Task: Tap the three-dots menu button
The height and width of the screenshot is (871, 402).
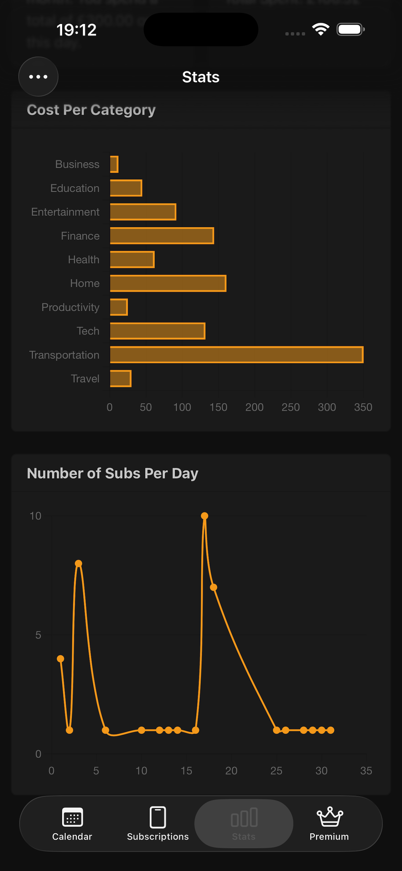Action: pos(38,77)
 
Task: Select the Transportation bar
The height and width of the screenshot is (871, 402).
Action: pos(237,355)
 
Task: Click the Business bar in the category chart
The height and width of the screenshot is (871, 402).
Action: pos(114,164)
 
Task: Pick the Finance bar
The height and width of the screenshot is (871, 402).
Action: pos(162,236)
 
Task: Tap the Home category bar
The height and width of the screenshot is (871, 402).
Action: pos(168,283)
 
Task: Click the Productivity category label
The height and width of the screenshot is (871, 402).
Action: pos(70,308)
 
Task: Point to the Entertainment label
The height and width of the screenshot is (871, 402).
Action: pos(65,212)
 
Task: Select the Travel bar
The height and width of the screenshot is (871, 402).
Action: pos(121,378)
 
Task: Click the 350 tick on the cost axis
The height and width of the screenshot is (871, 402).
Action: pos(363,407)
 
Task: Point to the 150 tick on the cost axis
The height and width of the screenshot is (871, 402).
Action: pos(218,407)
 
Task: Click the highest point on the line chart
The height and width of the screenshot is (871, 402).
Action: pos(204,516)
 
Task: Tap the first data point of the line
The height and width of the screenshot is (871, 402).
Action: pos(61,659)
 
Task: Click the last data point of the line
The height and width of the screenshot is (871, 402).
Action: pos(331,730)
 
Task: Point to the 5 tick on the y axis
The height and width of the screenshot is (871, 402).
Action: pos(38,635)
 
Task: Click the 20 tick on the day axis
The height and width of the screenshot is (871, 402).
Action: pos(231,771)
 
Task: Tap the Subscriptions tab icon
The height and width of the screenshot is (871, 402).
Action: pos(158,817)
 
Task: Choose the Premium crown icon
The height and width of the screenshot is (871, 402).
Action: pos(329,817)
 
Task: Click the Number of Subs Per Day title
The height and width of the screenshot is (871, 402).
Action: pos(113,473)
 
